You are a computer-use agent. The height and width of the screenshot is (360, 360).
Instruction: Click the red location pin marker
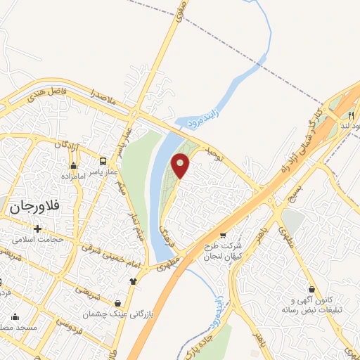[x=181, y=165]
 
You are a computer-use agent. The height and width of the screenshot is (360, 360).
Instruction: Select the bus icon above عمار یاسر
[x=104, y=161]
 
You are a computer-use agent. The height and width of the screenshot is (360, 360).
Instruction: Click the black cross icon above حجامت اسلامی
[x=37, y=228]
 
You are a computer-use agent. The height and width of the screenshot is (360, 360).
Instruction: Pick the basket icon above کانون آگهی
[x=311, y=288]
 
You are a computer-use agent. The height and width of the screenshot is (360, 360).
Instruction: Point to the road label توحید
[x=214, y=154]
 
